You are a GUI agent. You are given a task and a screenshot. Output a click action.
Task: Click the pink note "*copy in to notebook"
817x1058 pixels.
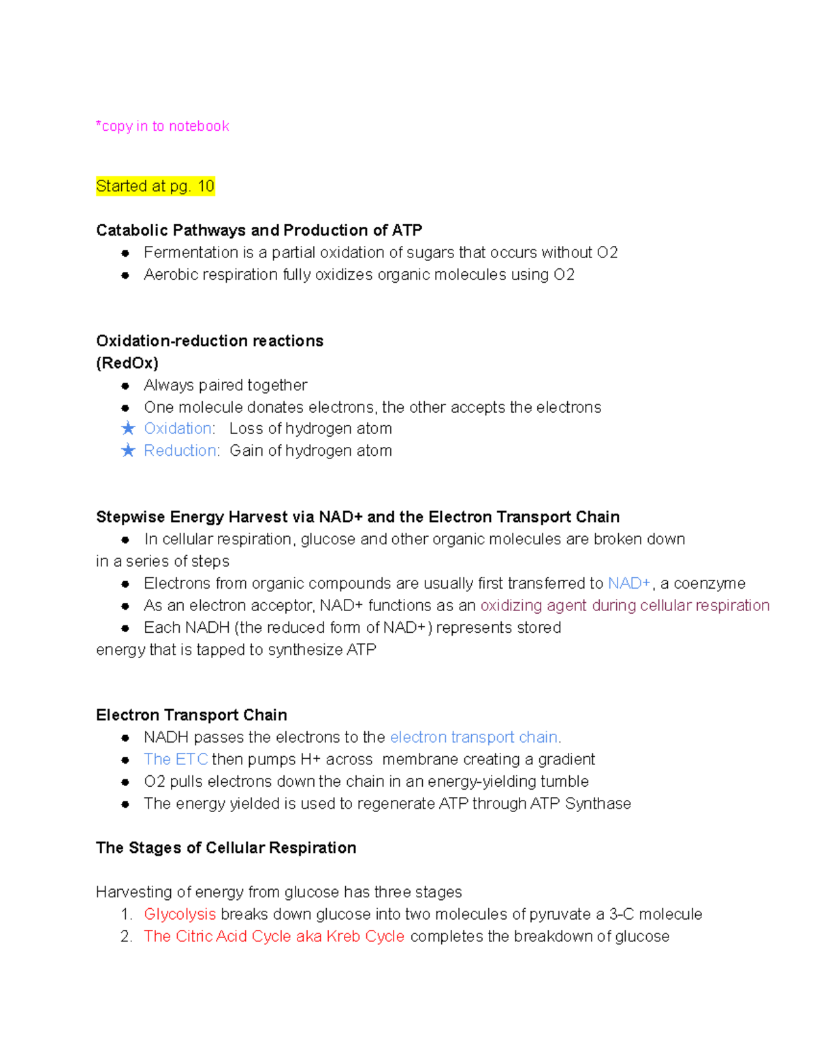pyautogui.click(x=163, y=126)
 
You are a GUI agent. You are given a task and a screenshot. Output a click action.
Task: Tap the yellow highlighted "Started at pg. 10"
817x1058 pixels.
pyautogui.click(x=155, y=186)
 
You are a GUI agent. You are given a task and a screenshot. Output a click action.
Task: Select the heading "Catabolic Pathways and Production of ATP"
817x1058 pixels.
pyautogui.click(x=259, y=230)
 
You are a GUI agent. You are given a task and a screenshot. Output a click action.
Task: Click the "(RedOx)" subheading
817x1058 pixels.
pyautogui.click(x=127, y=363)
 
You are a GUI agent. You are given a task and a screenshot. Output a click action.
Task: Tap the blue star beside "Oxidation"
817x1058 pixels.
pyautogui.click(x=128, y=429)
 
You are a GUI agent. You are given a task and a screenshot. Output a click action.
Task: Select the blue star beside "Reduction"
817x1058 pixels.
pyautogui.click(x=128, y=450)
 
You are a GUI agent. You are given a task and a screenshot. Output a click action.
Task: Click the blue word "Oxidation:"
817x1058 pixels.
pyautogui.click(x=180, y=429)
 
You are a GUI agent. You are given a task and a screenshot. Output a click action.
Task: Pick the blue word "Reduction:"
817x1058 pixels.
pyautogui.click(x=182, y=450)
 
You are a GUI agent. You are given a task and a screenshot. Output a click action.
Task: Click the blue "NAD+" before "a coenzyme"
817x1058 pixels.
pyautogui.click(x=629, y=583)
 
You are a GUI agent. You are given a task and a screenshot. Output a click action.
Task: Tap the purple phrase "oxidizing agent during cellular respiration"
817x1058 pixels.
pyautogui.click(x=625, y=606)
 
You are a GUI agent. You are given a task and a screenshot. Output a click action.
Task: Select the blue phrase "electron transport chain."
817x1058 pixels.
pyautogui.click(x=475, y=737)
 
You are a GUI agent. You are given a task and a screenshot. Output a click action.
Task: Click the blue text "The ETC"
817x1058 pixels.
pyautogui.click(x=176, y=759)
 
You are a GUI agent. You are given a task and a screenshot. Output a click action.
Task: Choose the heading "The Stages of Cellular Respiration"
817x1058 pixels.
pyautogui.click(x=226, y=847)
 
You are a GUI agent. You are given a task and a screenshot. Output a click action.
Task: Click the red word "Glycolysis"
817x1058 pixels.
pyautogui.click(x=180, y=914)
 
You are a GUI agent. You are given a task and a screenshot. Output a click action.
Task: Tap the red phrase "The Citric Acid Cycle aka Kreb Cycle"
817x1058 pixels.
pyautogui.click(x=274, y=936)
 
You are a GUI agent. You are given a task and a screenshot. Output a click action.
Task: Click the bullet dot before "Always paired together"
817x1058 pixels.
pyautogui.click(x=125, y=386)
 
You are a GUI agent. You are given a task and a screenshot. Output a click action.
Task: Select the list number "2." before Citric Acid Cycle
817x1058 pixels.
pyautogui.click(x=126, y=936)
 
